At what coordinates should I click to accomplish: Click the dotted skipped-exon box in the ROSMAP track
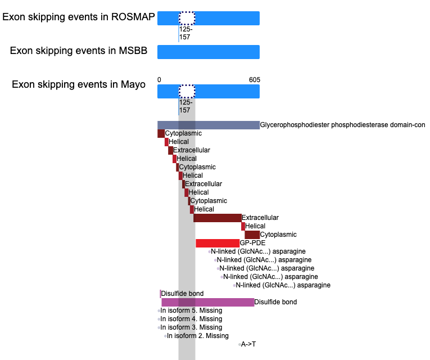coord(187,18)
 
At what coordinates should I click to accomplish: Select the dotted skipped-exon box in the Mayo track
coord(187,91)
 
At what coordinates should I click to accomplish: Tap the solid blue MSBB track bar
coord(209,52)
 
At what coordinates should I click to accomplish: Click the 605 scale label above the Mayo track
coord(255,80)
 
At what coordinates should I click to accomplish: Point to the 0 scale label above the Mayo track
coord(159,80)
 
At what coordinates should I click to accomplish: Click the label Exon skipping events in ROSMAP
coord(79,17)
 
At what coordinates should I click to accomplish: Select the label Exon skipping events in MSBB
coord(79,51)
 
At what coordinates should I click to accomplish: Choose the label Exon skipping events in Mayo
coord(79,84)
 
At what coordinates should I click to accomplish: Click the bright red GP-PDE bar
coord(218,243)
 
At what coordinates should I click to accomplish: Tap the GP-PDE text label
coord(252,243)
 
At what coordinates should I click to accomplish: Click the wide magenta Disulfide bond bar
coord(208,302)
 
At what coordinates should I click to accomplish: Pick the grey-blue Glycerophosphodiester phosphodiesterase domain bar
coord(209,125)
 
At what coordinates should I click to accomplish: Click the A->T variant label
coord(248,344)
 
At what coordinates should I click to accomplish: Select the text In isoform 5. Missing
coord(191,310)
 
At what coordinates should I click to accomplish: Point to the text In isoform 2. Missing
coord(198,336)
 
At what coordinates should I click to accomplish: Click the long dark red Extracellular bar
coord(218,218)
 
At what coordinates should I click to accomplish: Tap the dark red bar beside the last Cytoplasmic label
coord(252,235)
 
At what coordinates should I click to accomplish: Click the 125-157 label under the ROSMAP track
coord(185,33)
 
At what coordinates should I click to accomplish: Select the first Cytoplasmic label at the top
coord(183,133)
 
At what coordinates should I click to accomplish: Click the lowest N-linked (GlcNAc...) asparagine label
coord(283,285)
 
